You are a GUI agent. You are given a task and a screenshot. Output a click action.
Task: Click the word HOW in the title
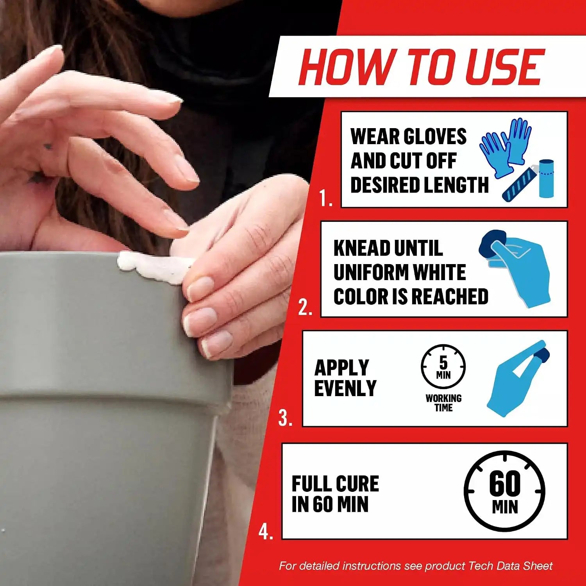point(346,67)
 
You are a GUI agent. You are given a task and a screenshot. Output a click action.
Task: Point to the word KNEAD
point(362,248)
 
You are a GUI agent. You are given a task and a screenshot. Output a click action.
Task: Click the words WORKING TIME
point(443,403)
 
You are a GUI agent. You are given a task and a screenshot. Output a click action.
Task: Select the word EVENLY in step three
point(345,388)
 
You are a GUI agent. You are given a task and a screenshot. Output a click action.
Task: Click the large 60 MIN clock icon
point(505,491)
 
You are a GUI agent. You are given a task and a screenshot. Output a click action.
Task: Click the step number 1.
point(325,198)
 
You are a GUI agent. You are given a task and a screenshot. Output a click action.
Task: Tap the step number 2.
point(305,308)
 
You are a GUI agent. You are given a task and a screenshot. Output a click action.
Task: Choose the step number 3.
point(286,418)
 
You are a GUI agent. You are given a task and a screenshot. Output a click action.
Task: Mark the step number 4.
point(266,532)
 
